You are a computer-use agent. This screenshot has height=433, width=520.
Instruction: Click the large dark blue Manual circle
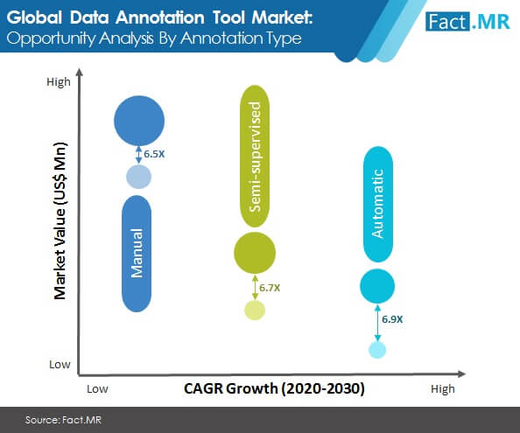(x=139, y=121)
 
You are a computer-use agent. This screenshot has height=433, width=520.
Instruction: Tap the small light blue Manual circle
(x=138, y=177)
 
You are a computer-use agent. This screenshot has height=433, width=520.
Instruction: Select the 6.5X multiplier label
(x=154, y=154)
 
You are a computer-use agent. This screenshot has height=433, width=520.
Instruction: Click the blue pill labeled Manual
(x=137, y=254)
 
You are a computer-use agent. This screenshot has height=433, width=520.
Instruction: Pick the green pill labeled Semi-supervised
(x=255, y=156)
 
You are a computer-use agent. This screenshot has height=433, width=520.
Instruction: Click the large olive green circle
(x=255, y=253)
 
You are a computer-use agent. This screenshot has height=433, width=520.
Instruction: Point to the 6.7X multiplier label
(x=270, y=288)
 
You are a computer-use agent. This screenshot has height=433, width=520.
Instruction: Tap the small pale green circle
(x=255, y=310)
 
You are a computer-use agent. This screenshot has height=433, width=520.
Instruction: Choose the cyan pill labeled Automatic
(x=378, y=204)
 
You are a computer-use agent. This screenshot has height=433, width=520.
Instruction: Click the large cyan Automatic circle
(x=377, y=286)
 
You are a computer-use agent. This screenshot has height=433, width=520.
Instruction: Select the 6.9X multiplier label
(x=392, y=319)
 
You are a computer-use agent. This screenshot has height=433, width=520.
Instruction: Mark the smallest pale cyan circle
(x=377, y=350)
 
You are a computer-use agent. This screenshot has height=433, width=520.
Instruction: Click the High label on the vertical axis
(x=59, y=82)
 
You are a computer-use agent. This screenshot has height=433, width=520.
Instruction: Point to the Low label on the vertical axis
(x=60, y=365)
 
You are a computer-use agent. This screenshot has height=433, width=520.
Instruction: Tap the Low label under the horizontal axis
(x=97, y=389)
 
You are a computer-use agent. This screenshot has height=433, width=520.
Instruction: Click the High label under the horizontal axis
(x=443, y=389)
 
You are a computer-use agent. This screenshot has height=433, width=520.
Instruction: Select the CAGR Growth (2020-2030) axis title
(x=274, y=388)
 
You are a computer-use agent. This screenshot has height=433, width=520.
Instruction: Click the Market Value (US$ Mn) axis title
(x=60, y=220)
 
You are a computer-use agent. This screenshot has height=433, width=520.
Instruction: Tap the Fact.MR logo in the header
(x=467, y=22)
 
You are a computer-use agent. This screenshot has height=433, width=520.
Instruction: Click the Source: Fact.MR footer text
(x=63, y=420)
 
